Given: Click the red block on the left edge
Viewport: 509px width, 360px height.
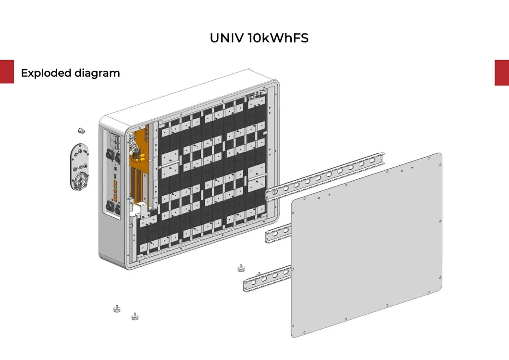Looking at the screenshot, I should pyautogui.click(x=7, y=72).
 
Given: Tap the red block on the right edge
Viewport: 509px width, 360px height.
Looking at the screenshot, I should pyautogui.click(x=502, y=73).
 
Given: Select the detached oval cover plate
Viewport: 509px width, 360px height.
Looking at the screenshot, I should pyautogui.click(x=79, y=168).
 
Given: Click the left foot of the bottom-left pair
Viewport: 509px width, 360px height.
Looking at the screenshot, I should pyautogui.click(x=116, y=309).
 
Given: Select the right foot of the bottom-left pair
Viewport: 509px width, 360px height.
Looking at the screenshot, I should pyautogui.click(x=135, y=316).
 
